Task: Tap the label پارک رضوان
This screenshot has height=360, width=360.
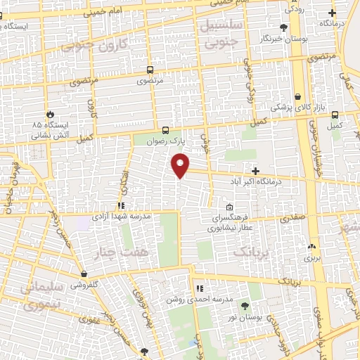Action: click(x=169, y=140)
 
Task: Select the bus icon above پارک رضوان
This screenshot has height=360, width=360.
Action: click(x=165, y=130)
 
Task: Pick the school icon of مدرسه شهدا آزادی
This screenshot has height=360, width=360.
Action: click(x=121, y=206)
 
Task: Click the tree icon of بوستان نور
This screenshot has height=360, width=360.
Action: click(x=245, y=306)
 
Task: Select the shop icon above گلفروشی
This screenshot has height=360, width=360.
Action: click(x=84, y=274)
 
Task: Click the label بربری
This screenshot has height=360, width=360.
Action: click(x=312, y=258)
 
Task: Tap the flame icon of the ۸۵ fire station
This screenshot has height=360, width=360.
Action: click(x=50, y=114)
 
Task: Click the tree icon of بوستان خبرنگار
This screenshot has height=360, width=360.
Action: click(x=283, y=27)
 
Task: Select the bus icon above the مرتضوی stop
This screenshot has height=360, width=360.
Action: click(x=149, y=70)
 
